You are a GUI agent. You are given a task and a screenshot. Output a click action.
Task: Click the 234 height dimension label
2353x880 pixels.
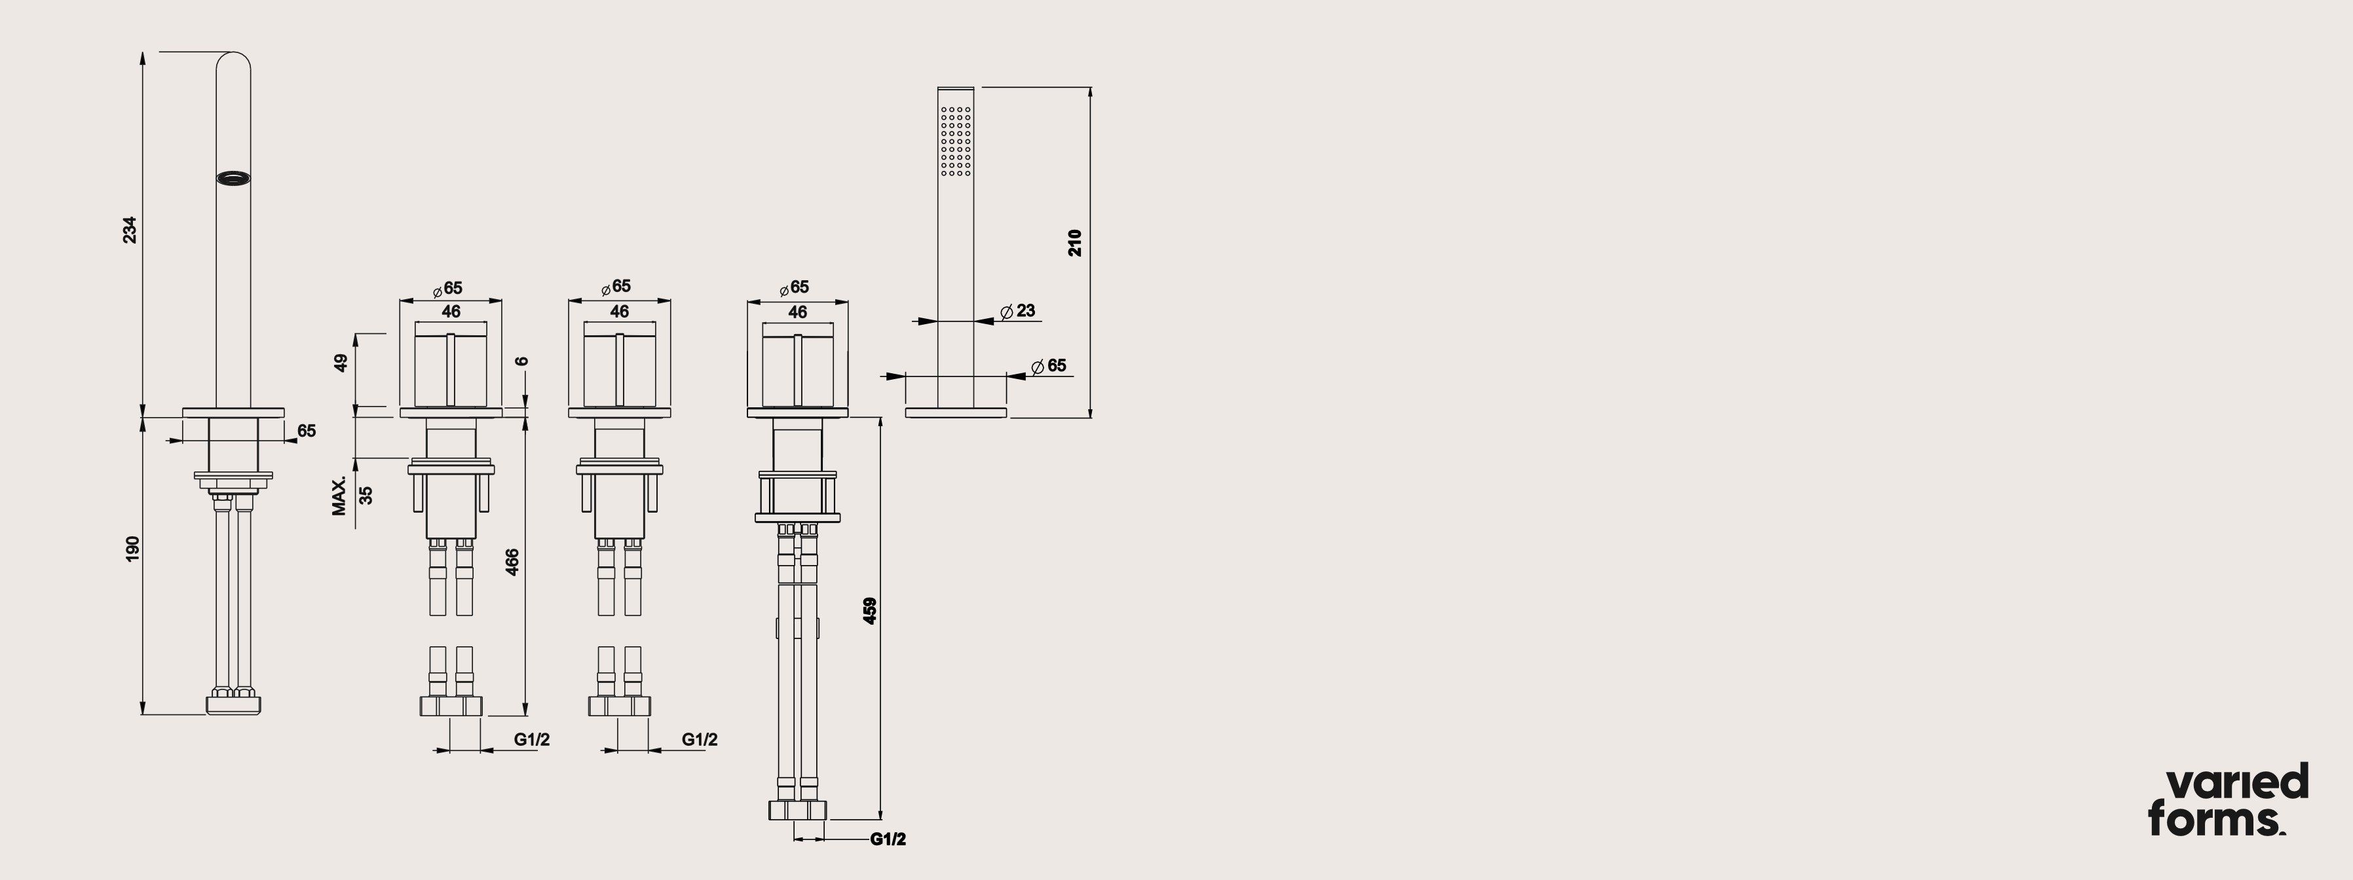point(130,230)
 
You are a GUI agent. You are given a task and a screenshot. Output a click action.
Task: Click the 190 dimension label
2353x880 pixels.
point(132,549)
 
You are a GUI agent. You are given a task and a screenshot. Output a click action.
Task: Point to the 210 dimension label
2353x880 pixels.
point(1075,243)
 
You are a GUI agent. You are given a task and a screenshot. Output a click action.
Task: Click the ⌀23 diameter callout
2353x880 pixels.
point(1017,311)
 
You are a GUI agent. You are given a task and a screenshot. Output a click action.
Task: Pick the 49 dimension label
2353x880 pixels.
point(341,362)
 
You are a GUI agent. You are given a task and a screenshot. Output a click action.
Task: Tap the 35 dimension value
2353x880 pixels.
point(366,495)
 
